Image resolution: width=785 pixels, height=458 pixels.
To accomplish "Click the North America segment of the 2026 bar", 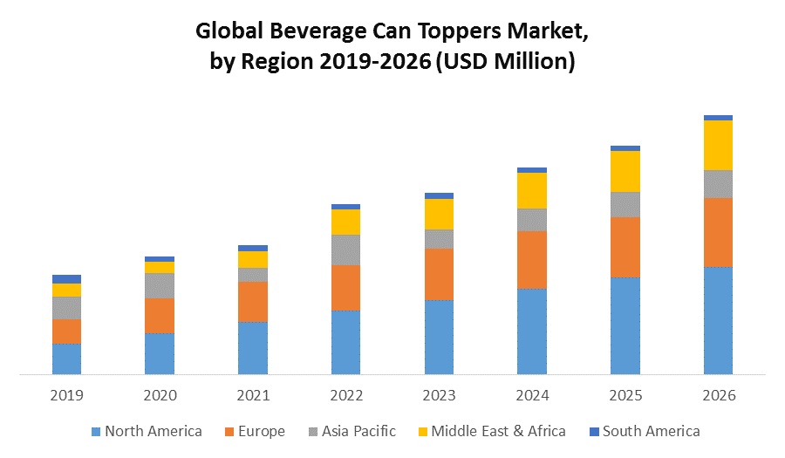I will tap(718, 320).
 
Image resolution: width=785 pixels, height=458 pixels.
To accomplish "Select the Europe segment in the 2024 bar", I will tap(532, 260).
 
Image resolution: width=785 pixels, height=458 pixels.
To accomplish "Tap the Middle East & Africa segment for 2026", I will tap(718, 145).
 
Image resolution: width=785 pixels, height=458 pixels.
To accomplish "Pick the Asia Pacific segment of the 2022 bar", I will tap(345, 250).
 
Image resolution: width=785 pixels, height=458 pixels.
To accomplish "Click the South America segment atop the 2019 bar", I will tap(66, 279).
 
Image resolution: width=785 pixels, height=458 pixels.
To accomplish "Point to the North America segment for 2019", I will tap(66, 359).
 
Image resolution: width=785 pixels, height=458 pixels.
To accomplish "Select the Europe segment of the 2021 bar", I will tap(253, 302).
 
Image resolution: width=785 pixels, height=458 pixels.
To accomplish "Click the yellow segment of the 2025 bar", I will tap(625, 171).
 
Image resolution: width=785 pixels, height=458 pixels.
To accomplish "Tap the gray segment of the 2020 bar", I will tap(160, 285).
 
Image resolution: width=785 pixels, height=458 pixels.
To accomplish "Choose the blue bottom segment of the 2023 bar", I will tap(439, 337).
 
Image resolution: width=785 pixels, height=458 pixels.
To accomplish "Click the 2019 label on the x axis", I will tap(66, 395).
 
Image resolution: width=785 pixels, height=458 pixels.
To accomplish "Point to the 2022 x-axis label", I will tap(345, 395).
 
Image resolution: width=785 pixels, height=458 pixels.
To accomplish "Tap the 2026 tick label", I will tap(718, 395).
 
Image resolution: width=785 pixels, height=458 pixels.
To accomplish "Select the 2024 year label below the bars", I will tap(532, 395).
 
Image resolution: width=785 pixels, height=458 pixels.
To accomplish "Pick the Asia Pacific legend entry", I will tap(358, 431).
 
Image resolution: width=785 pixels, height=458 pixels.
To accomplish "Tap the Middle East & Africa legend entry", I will tap(497, 431).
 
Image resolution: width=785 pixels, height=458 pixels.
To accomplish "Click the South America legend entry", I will tap(651, 431).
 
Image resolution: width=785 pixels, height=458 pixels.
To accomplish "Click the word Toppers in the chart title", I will tap(443, 32).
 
